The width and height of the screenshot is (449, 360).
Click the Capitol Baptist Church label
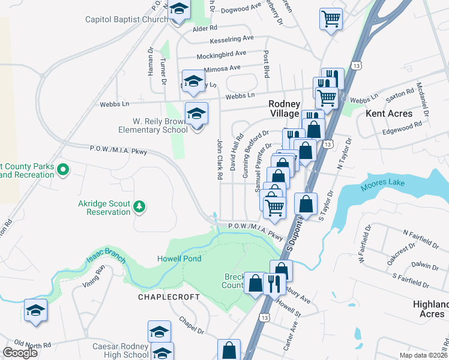(126, 20)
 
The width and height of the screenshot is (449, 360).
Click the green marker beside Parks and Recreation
(62, 171)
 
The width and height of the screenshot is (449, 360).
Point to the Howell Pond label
(179, 259)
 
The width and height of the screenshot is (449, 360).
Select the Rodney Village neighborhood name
(284, 109)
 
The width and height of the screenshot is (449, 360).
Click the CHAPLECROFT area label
(164, 297)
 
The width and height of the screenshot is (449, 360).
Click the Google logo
(20, 353)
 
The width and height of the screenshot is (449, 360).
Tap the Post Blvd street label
(265, 64)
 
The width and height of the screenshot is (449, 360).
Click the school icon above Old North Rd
(35, 311)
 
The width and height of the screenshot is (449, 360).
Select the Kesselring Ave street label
(232, 39)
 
